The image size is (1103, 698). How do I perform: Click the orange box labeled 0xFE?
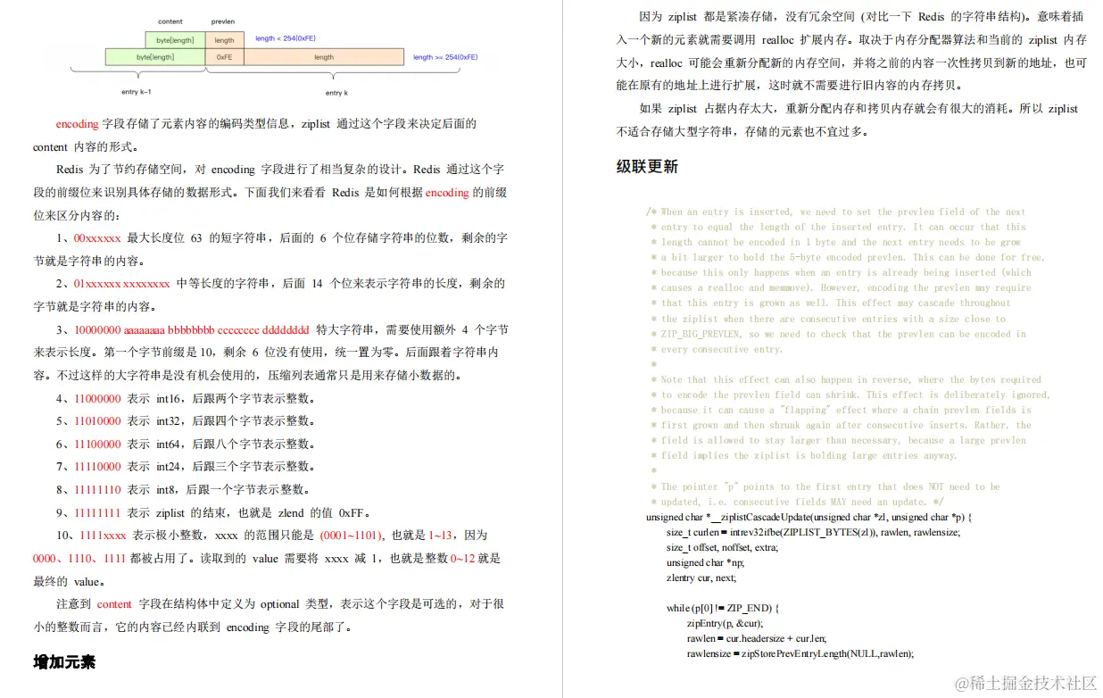(224, 57)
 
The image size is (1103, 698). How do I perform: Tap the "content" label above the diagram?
(170, 21)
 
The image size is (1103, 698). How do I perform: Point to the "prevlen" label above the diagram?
(222, 21)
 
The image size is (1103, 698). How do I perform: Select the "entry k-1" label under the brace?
(137, 92)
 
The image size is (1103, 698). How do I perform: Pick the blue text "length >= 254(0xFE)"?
(444, 57)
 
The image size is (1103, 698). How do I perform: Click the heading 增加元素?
(63, 661)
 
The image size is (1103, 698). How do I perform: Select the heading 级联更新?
(647, 166)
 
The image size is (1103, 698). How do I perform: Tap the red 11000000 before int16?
(97, 398)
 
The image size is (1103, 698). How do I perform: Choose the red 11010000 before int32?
(97, 420)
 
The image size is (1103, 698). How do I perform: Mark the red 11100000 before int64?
(97, 444)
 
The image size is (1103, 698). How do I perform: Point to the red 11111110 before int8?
(97, 489)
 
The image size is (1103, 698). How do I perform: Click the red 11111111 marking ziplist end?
(97, 512)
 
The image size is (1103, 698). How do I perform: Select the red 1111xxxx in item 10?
(103, 536)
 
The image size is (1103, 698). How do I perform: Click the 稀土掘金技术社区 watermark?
(1026, 683)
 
